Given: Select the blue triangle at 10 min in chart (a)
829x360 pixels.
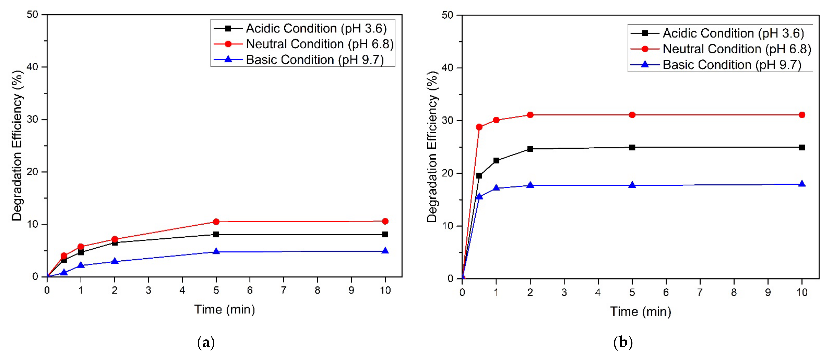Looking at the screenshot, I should (x=385, y=251).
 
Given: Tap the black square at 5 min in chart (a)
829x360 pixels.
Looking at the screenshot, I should (x=216, y=234).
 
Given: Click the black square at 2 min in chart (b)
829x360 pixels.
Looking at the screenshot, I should (x=530, y=149).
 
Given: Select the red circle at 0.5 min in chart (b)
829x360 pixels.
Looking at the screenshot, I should (x=479, y=127).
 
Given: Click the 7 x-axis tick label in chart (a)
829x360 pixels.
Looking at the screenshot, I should (x=284, y=290).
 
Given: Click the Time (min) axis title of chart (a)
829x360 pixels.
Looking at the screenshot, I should (x=224, y=309).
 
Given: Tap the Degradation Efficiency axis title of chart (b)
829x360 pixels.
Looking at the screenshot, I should (x=432, y=146).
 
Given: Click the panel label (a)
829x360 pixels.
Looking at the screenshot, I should (x=206, y=343).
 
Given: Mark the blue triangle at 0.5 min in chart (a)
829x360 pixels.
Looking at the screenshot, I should (x=64, y=272).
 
